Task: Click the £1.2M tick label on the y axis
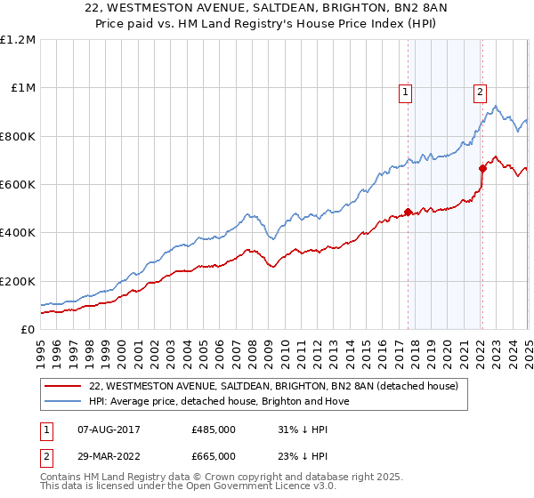[x=19, y=40]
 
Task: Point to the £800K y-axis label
[x=18, y=136]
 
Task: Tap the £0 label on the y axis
[x=28, y=329]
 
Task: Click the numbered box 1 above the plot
[x=405, y=90]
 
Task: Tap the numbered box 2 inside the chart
[x=480, y=90]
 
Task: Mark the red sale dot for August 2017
[x=408, y=212]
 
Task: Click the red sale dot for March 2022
[x=482, y=168]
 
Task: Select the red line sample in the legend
[x=63, y=386]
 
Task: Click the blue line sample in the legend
[x=63, y=401]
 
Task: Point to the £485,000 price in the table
[x=214, y=430]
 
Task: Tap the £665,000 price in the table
[x=214, y=455]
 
